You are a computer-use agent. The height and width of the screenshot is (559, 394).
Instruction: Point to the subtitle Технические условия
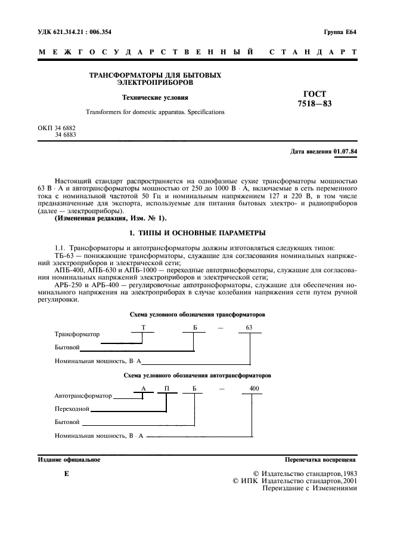click(x=154, y=97)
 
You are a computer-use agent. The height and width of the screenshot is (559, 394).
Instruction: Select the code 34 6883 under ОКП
click(x=65, y=136)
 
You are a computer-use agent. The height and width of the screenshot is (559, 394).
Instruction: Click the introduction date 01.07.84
click(x=346, y=152)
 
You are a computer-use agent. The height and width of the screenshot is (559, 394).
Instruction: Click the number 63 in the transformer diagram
click(x=249, y=327)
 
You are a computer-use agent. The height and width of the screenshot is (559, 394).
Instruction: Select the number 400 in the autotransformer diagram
click(x=255, y=388)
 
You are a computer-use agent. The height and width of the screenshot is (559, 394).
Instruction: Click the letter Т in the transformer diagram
click(x=142, y=327)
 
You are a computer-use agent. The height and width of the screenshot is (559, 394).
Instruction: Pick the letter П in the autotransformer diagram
click(x=167, y=388)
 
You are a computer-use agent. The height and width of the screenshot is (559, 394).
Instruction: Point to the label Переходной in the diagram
click(x=72, y=409)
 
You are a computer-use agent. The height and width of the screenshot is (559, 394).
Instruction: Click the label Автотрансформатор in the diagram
click(x=83, y=396)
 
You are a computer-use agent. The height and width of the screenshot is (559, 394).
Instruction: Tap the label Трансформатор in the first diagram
click(x=77, y=334)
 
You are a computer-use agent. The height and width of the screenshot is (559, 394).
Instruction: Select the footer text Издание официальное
click(x=70, y=460)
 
